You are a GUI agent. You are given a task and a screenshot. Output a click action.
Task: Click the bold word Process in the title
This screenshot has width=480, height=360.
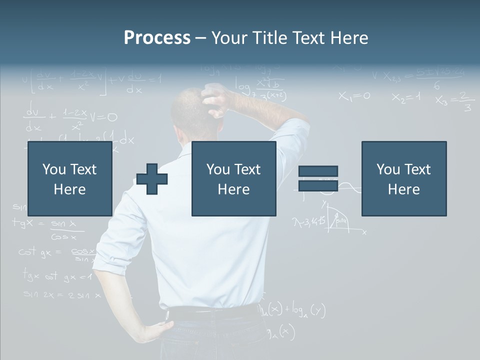coord(157,37)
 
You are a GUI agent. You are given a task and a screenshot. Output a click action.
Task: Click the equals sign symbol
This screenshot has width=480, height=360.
coord(318,178)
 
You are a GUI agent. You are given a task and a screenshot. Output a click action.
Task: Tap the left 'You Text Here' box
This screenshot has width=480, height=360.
coord(69,178)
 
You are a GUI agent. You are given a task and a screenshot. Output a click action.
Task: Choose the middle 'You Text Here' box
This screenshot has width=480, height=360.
coord(233,178)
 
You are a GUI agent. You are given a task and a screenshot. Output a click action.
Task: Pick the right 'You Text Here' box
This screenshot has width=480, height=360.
coord(403,178)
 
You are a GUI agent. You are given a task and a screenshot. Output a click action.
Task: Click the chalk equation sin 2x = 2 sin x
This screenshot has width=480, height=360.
coord(62,295)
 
